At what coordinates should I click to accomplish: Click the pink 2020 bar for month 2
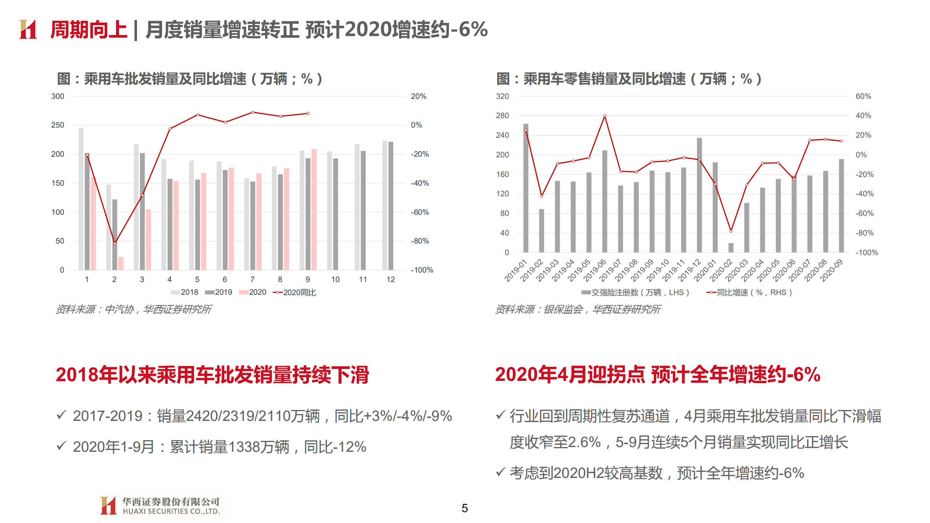[x=121, y=263]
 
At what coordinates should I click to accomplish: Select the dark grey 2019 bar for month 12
[x=391, y=206]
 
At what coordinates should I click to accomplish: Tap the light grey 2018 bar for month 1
[x=81, y=198]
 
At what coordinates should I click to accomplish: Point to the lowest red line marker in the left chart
[x=115, y=243]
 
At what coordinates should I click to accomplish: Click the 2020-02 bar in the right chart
[x=731, y=248]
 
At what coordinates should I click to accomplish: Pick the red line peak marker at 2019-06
[x=605, y=116]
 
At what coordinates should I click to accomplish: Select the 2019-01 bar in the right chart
[x=526, y=188]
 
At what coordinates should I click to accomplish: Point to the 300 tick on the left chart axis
[x=58, y=96]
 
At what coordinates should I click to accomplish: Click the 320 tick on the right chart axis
[x=502, y=96]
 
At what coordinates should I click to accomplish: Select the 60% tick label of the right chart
[x=863, y=96]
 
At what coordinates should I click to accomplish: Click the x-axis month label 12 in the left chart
[x=391, y=279]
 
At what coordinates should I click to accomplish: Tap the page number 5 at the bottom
[x=464, y=508]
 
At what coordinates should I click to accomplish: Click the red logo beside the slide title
[x=28, y=29]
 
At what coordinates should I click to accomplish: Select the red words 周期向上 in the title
[x=89, y=29]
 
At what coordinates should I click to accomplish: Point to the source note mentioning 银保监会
[x=578, y=309]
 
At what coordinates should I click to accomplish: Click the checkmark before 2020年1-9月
[x=61, y=446]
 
